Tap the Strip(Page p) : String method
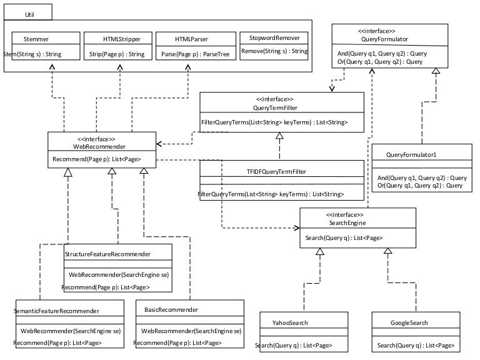[x=117, y=54]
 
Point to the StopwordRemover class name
[x=274, y=37]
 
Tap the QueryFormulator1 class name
[x=411, y=154]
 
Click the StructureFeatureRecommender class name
[x=108, y=254]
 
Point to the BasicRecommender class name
[x=171, y=310]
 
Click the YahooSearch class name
[x=290, y=323]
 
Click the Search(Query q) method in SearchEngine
[x=344, y=237]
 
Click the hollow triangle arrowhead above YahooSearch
[x=319, y=252]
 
